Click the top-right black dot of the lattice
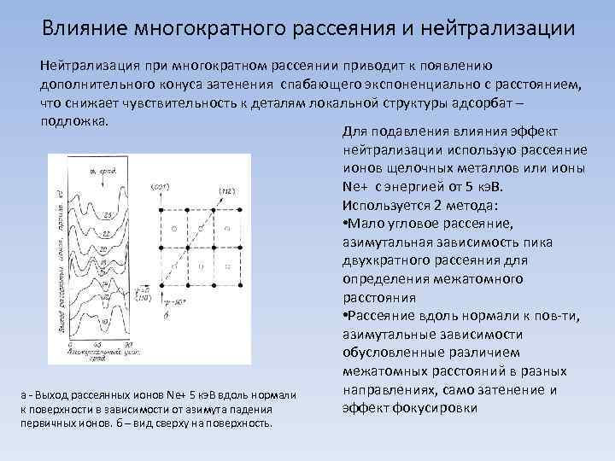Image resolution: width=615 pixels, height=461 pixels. [x=243, y=209]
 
